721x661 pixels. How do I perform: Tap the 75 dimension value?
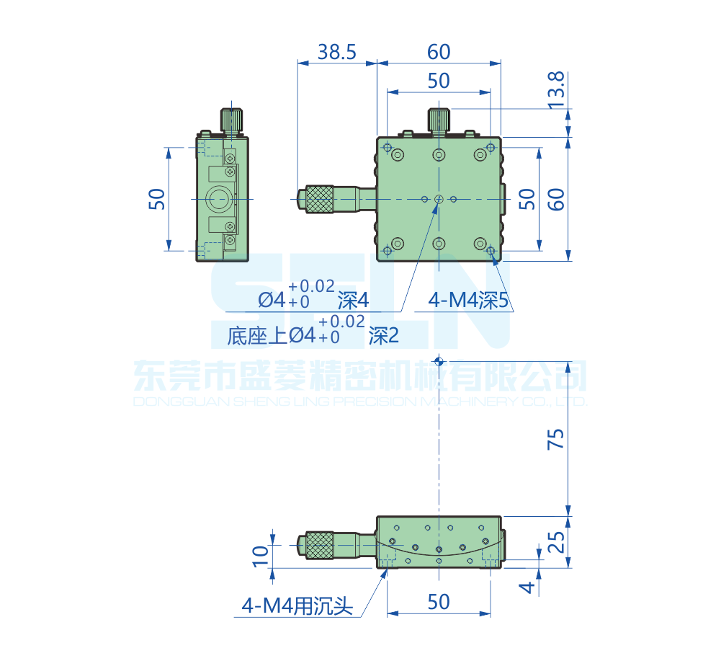pyautogui.click(x=555, y=439)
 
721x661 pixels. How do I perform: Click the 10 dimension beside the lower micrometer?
pyautogui.click(x=261, y=554)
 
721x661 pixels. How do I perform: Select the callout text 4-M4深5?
pyautogui.click(x=469, y=301)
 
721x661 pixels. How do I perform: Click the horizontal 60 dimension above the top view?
pyautogui.click(x=439, y=52)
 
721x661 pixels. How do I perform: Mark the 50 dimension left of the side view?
pyautogui.click(x=157, y=198)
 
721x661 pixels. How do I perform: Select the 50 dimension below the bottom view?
pyautogui.click(x=439, y=602)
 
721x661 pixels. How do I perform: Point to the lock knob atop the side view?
pyautogui.click(x=231, y=119)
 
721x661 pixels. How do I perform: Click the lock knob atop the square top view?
pyautogui.click(x=439, y=120)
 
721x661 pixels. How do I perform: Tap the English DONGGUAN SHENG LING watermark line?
pyautogui.click(x=360, y=402)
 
